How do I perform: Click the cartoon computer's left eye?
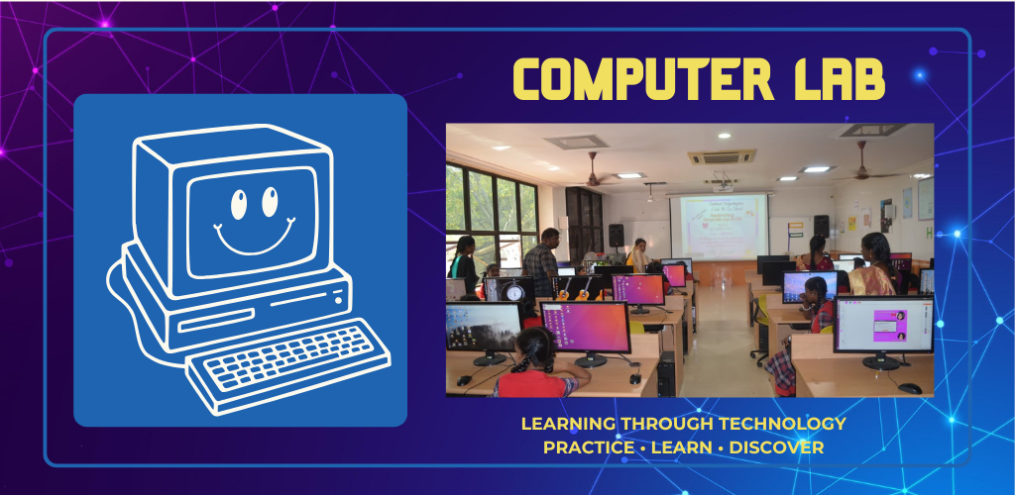[239, 205]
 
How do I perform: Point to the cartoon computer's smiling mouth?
[254, 237]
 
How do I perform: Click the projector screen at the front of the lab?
[719, 227]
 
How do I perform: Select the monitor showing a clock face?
[509, 290]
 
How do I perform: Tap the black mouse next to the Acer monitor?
[910, 388]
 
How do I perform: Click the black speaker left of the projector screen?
[617, 236]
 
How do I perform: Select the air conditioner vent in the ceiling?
[722, 157]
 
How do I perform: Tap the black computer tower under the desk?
[667, 374]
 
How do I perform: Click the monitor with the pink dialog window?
[883, 326]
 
